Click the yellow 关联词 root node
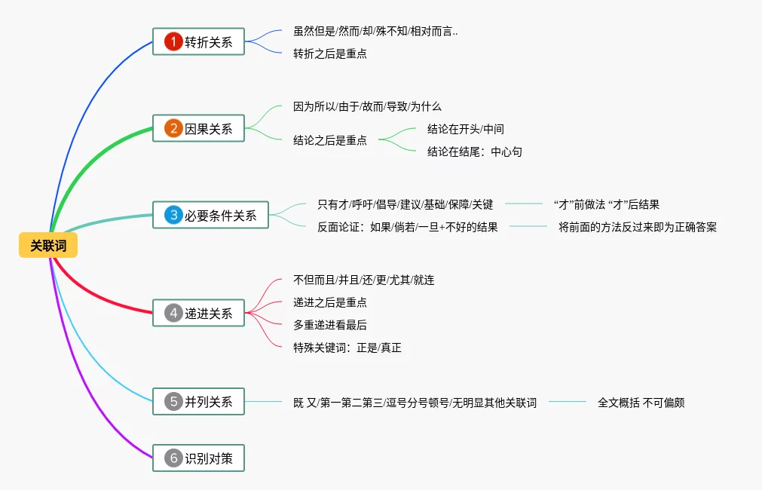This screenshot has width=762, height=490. point(48,245)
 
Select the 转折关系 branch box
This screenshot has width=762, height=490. point(199,42)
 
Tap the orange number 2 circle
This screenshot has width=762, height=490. point(173,129)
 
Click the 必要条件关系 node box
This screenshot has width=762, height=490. point(210,216)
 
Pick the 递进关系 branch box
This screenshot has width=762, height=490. point(199,313)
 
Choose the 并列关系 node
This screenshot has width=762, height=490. point(199,402)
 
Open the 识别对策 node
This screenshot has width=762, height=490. point(199,458)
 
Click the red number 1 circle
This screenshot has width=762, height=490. point(173,42)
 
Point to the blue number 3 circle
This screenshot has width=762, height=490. point(173,216)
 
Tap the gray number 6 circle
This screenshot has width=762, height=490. point(173,458)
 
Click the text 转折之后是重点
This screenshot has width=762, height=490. point(330,54)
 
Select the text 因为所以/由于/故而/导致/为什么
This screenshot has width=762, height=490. point(372,106)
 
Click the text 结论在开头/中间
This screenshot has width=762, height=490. point(465,129)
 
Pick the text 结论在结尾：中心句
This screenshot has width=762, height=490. point(474,152)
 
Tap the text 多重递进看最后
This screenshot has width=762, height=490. point(330,325)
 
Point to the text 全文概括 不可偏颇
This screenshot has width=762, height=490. point(641,403)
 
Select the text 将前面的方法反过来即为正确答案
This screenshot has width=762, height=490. point(637,227)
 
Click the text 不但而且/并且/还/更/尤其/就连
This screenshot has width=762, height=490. point(363,280)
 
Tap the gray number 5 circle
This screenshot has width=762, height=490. point(173,402)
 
